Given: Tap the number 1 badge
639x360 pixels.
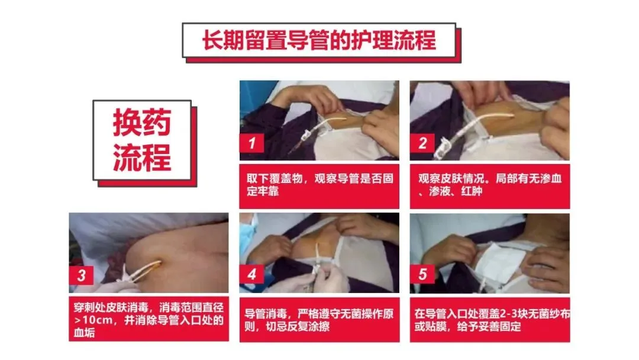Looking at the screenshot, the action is coord(252,143).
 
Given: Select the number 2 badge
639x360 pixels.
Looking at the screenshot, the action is coord(422,143).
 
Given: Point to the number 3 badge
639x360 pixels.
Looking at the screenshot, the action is coord(82,275).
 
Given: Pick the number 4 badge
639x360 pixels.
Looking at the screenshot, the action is coord(252,274).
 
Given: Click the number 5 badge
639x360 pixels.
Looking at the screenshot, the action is coord(422,274).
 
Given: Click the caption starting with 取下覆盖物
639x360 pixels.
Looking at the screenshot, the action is coord(319,185).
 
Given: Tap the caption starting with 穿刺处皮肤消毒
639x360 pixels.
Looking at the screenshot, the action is coord(149,320).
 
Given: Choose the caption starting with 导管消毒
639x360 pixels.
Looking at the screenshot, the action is coord(319,320).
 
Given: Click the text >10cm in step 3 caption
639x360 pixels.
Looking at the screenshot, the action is coord(93,320).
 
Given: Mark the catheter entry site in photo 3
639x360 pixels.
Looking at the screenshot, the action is coord(157,263).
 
